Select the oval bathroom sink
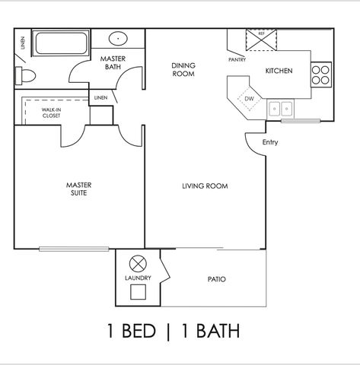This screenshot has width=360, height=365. [x=119, y=39]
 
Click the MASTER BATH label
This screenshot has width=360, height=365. [x=113, y=62]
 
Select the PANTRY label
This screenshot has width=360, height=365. [x=237, y=59]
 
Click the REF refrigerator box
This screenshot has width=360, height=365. [x=261, y=39]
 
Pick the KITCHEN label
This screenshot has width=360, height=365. [x=279, y=71]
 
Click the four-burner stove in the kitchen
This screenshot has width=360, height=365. [x=321, y=73]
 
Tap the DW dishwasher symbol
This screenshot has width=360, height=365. [x=248, y=98]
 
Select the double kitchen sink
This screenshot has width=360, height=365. [x=281, y=108]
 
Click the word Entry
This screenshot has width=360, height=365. [x=270, y=142]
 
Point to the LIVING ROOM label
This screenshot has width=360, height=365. [x=205, y=186]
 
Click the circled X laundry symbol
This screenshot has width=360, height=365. [x=138, y=264]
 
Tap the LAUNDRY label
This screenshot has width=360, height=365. [x=138, y=278]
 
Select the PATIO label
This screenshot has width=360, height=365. [x=216, y=279]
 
